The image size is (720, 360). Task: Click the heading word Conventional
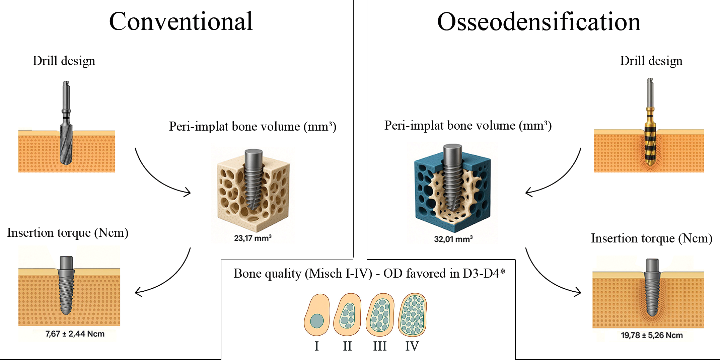click(181, 21)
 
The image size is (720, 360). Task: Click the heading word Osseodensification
click(539, 22)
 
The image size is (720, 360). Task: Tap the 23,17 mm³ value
click(253, 238)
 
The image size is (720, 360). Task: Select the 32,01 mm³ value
click(453, 239)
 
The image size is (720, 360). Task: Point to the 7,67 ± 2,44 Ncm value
click(75, 334)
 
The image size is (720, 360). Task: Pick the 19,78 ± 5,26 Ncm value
click(651, 335)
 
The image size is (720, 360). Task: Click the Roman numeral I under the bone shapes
click(316, 346)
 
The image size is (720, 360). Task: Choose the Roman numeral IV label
click(412, 346)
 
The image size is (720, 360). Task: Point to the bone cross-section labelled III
click(380, 315)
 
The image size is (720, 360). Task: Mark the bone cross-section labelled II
click(347, 315)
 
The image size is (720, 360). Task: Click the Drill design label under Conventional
click(64, 61)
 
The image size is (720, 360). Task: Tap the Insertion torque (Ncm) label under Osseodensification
click(651, 238)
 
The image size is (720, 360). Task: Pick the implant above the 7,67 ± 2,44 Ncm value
click(66, 285)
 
